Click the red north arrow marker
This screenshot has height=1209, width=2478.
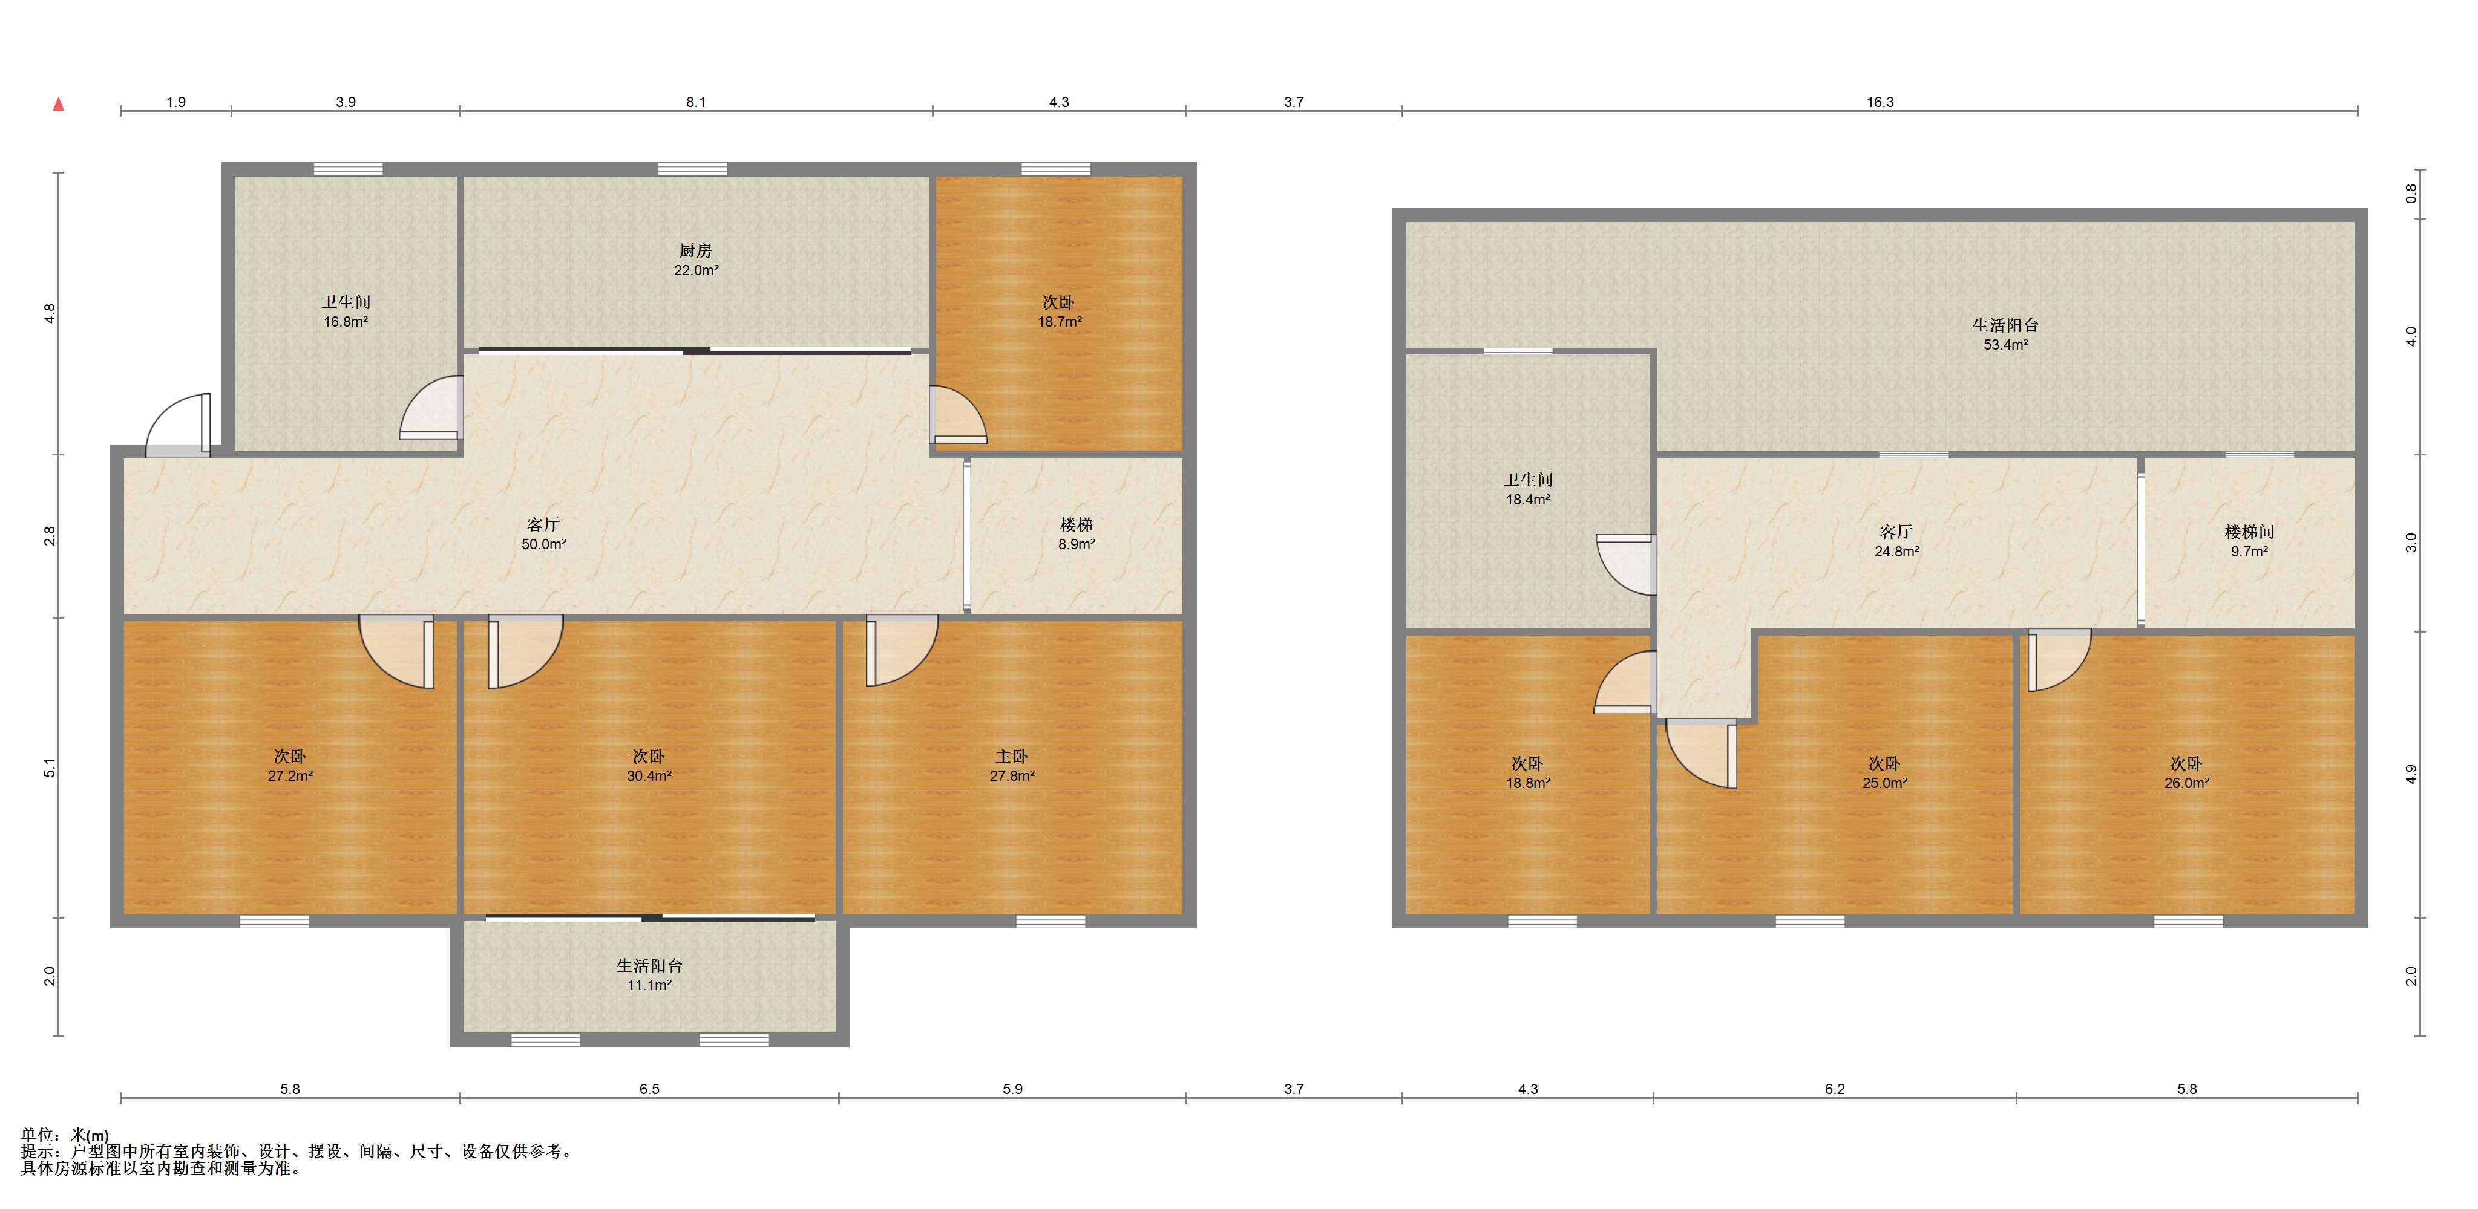click(59, 104)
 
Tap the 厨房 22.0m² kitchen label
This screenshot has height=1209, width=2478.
click(695, 259)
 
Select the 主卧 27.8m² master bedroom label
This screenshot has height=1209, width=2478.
click(1012, 766)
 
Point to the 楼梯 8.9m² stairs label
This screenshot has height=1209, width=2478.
click(1077, 534)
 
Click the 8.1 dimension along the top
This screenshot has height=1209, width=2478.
click(695, 102)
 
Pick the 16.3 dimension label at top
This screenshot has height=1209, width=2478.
click(1880, 102)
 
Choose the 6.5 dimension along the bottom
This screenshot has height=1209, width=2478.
click(649, 1089)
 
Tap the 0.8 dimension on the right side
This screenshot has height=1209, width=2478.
click(2411, 194)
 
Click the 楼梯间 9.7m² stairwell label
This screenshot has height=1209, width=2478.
click(2249, 541)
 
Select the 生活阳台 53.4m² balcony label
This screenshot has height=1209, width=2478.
click(2005, 334)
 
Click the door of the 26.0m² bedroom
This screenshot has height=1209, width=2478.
click(2059, 660)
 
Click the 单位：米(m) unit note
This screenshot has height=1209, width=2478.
click(65, 1135)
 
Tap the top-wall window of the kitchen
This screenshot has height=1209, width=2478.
click(693, 169)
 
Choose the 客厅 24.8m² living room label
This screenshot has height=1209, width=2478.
click(1896, 541)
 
